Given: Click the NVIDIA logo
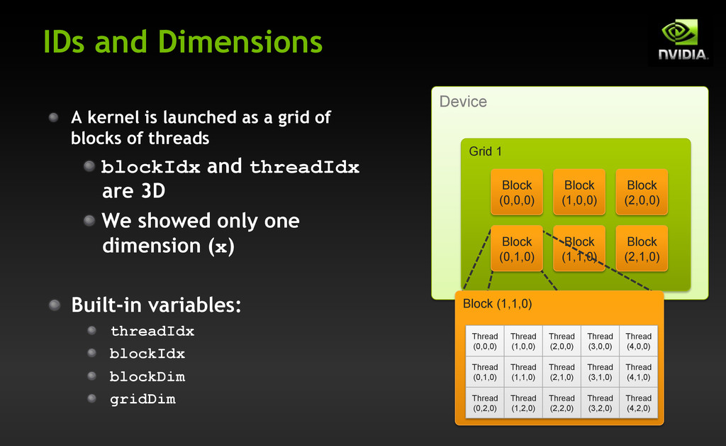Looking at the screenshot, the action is click(x=681, y=40).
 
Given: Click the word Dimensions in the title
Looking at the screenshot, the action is click(x=240, y=42).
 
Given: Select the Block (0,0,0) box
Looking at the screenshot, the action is click(x=517, y=192).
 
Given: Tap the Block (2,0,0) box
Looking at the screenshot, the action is click(x=642, y=192).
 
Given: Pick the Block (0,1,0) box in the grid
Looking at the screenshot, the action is click(x=517, y=249).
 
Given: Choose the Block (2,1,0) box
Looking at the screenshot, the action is click(x=642, y=249).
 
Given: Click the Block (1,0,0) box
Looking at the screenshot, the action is click(x=579, y=192).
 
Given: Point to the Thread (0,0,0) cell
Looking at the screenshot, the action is click(x=485, y=341).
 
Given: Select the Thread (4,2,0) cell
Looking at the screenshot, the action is click(x=639, y=403).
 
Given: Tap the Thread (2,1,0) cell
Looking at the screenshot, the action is click(x=562, y=372).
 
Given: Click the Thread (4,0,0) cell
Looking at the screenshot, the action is click(x=639, y=341).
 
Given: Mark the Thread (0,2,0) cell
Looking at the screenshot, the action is click(x=485, y=403).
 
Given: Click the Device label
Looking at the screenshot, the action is click(x=463, y=102).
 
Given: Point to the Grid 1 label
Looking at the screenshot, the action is click(x=485, y=151).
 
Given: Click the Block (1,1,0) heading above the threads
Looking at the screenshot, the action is click(x=497, y=304).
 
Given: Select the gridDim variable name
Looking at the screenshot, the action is click(x=143, y=399).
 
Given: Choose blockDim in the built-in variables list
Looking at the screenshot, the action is click(x=147, y=376).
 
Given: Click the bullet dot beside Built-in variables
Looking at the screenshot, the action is click(x=55, y=305).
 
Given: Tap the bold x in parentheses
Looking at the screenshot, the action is click(x=221, y=247).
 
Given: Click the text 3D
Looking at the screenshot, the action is click(x=153, y=190).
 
